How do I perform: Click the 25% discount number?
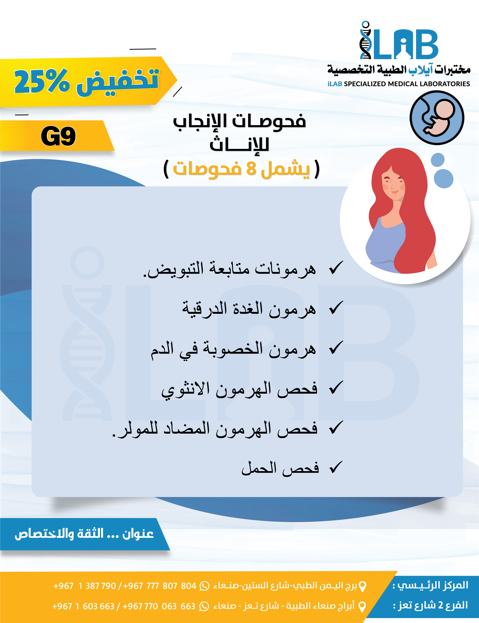(x=42, y=82)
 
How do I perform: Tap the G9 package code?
(x=58, y=136)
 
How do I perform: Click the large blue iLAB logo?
(x=399, y=41)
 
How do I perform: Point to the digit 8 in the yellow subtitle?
(x=251, y=168)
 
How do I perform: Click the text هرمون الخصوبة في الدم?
(x=233, y=349)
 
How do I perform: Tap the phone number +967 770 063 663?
(x=159, y=606)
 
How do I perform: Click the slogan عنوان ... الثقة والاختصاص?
(x=84, y=533)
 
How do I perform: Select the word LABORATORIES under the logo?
(x=445, y=84)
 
